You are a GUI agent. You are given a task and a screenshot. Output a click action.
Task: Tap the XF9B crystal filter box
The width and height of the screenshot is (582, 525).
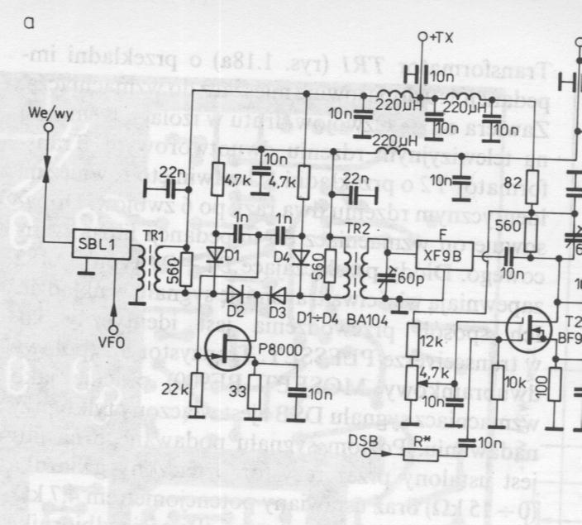tap(443, 254)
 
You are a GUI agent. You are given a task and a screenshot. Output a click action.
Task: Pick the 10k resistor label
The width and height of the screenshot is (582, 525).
tap(515, 382)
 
